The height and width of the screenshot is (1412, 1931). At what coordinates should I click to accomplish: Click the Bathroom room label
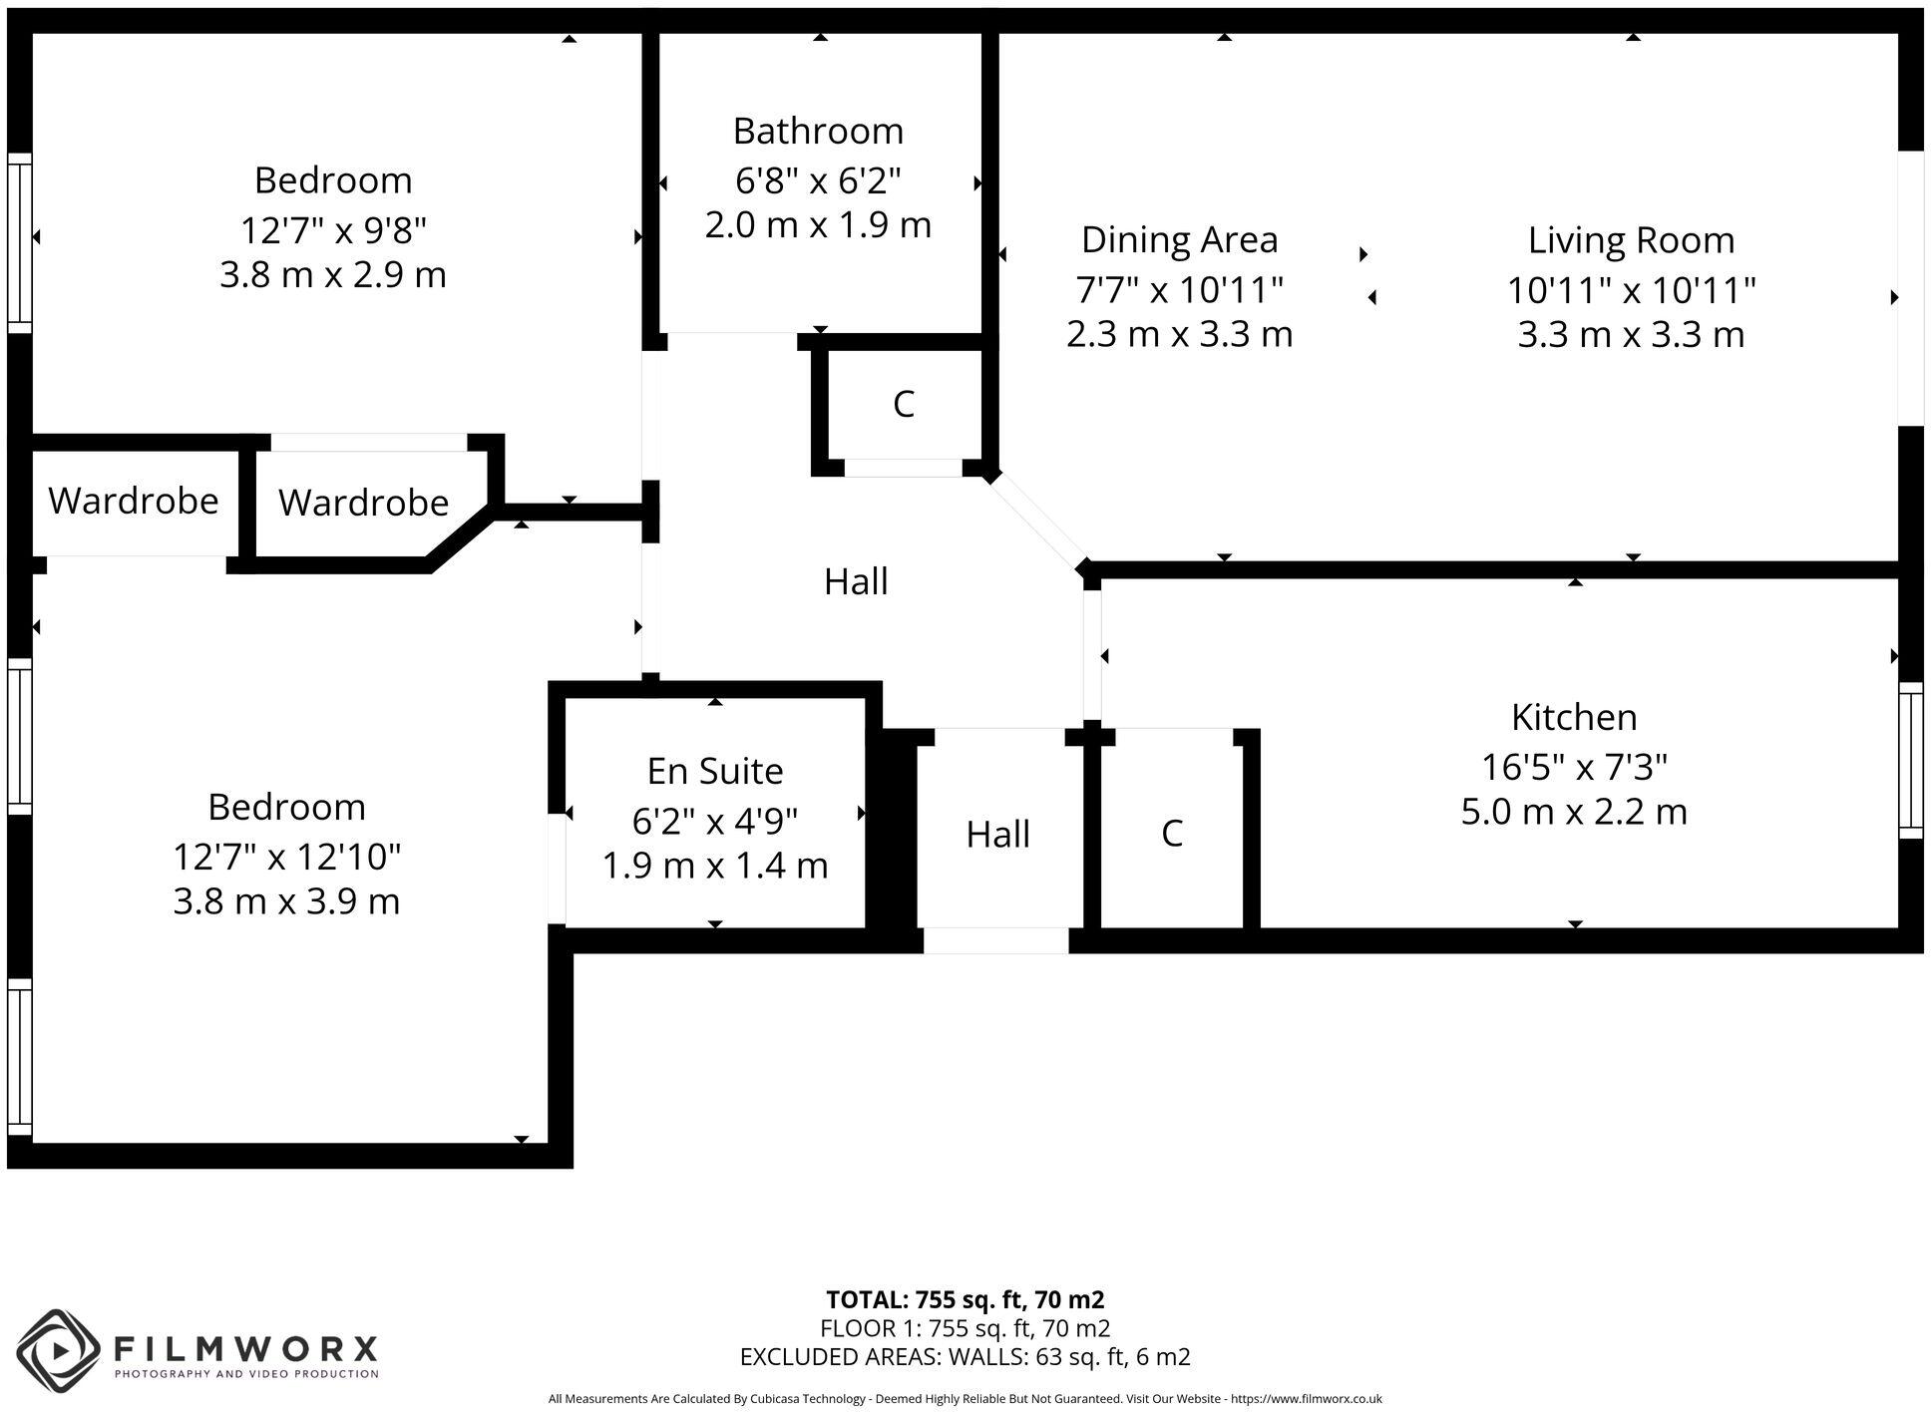click(818, 131)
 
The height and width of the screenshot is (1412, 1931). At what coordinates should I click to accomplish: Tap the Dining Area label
click(1179, 239)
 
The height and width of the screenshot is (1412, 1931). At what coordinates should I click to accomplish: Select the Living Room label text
click(1631, 240)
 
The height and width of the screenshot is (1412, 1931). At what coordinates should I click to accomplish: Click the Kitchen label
click(1574, 717)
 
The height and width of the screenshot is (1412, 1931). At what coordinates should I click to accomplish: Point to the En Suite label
click(714, 771)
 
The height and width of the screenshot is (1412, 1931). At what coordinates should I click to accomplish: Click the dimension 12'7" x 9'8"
click(333, 230)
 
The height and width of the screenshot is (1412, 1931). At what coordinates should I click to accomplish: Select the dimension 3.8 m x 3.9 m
click(286, 901)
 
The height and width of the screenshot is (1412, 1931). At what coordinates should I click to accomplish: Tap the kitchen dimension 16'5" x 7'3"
click(1574, 767)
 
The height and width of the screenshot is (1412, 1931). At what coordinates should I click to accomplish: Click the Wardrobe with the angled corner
click(363, 503)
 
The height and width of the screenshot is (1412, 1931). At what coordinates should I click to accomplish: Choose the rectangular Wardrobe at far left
click(133, 501)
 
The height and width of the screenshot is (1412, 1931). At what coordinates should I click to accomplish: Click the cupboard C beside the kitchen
click(1172, 834)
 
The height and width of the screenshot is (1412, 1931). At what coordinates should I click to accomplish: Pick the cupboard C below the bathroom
click(903, 404)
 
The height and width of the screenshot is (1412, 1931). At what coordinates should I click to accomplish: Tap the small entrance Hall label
click(997, 835)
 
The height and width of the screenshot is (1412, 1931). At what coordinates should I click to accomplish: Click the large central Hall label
click(856, 581)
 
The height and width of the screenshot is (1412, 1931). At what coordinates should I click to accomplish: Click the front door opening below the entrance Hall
click(995, 940)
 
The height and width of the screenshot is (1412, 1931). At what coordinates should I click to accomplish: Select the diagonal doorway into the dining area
click(1037, 521)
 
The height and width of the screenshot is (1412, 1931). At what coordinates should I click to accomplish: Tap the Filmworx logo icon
click(59, 1350)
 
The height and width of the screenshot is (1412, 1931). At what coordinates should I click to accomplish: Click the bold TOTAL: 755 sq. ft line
click(965, 1300)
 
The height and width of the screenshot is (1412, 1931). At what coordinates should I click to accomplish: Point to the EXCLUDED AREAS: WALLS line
click(965, 1357)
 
